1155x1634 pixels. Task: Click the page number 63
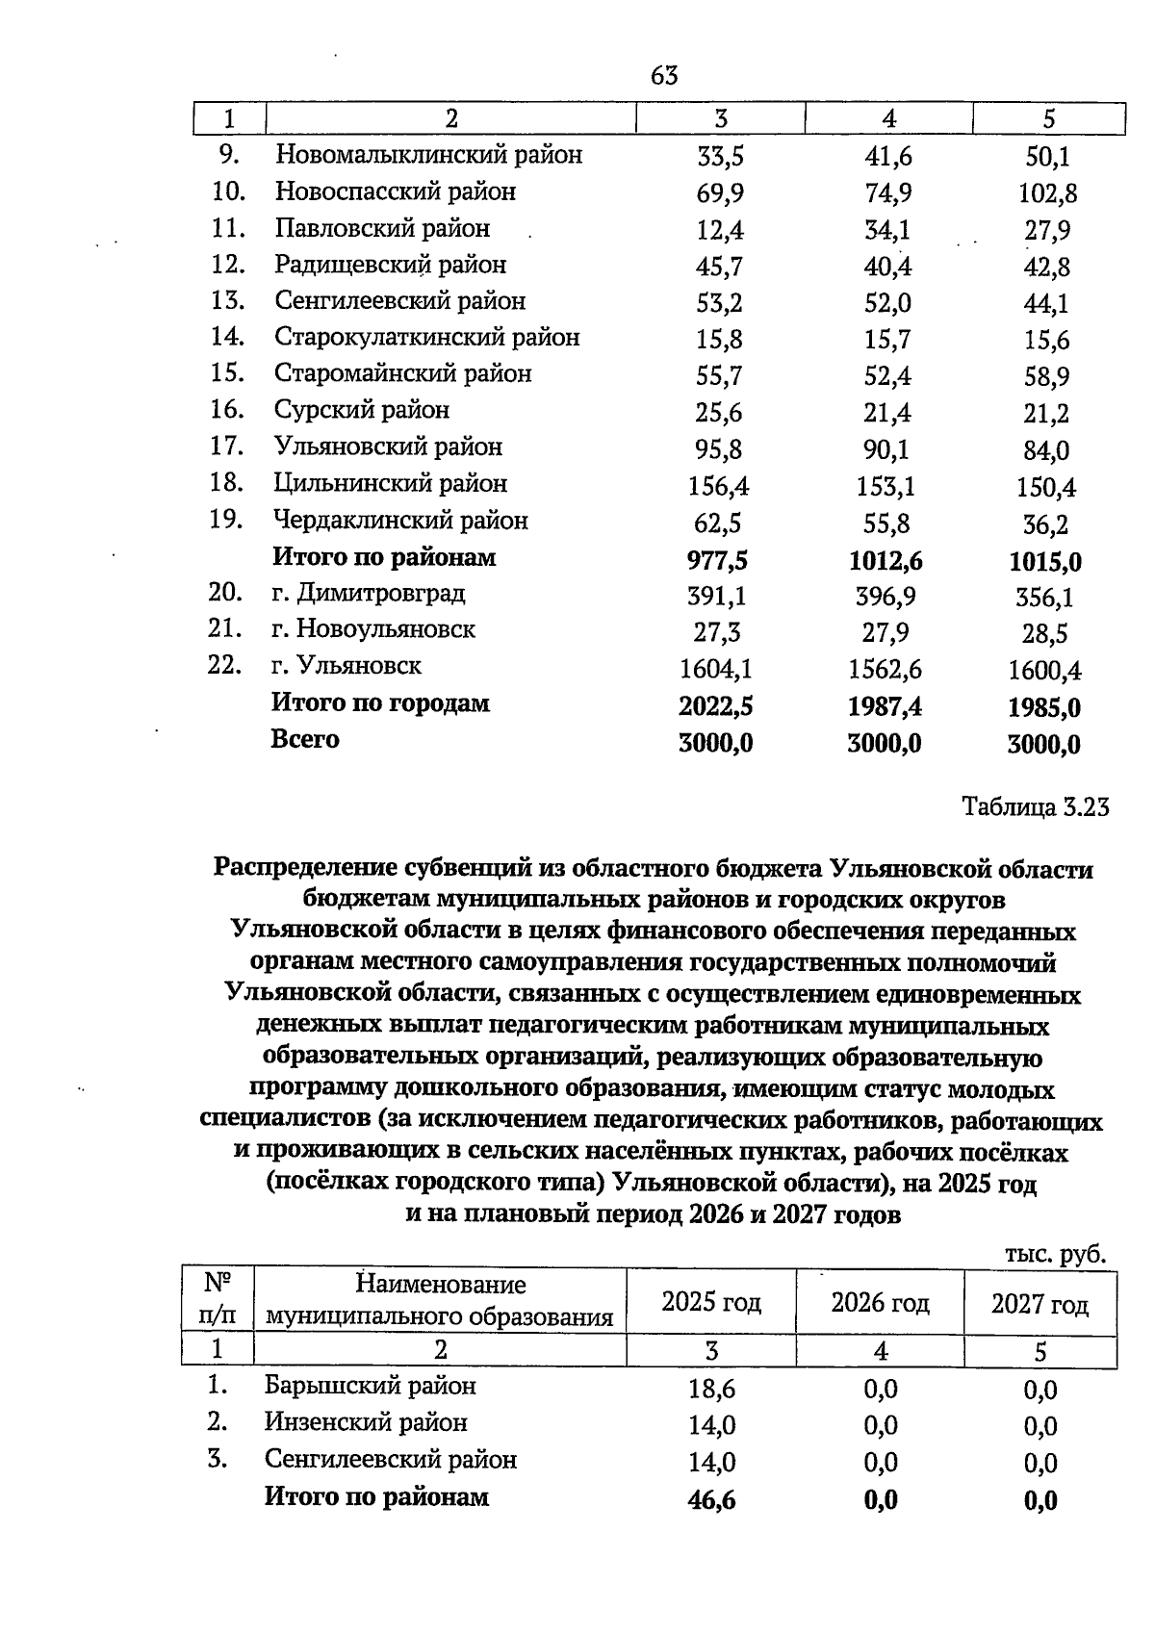point(664,75)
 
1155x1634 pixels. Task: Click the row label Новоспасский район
point(395,191)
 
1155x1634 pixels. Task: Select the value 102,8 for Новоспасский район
point(1047,194)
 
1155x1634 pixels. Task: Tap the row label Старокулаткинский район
point(426,338)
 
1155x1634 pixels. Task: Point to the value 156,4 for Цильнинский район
point(719,487)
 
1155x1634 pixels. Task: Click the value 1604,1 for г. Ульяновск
point(715,669)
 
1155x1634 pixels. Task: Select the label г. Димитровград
point(368,593)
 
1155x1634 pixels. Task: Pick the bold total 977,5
point(717,560)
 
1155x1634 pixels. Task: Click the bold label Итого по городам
point(380,703)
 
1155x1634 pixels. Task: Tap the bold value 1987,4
point(885,707)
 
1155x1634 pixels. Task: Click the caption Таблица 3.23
point(1036,807)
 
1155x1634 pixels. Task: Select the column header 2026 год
point(880,1303)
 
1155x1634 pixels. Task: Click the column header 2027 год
point(1039,1305)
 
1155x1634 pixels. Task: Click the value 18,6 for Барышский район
point(712,1390)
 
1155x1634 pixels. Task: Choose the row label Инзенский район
point(366,1422)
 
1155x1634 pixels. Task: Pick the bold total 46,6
point(712,1499)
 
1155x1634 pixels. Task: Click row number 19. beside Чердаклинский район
point(225,520)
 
